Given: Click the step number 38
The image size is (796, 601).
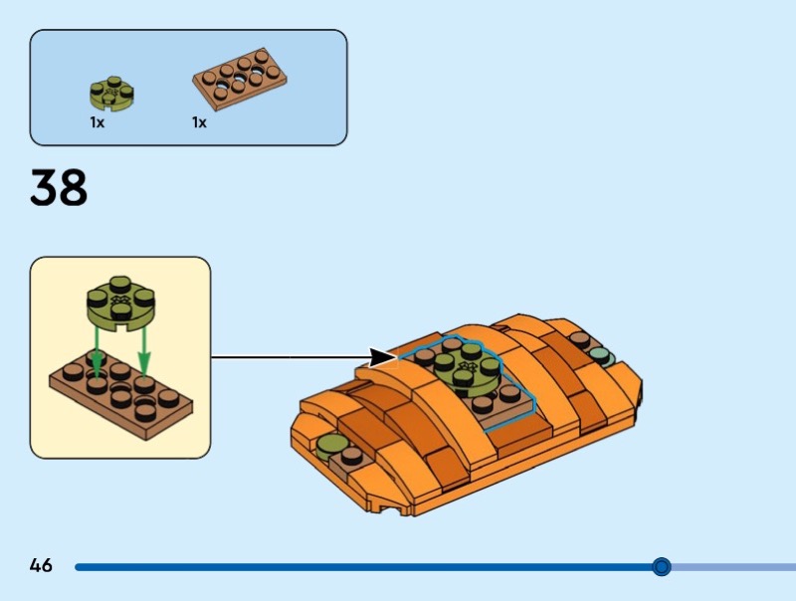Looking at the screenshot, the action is (x=59, y=187).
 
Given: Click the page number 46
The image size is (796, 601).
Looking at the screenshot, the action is (x=41, y=565).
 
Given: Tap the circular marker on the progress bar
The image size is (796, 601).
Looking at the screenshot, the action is (x=661, y=566).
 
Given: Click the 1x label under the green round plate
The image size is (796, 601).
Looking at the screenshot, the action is (x=97, y=122).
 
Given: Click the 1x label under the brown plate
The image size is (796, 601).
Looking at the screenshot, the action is (x=199, y=122).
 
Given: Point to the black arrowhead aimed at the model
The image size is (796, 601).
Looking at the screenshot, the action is (x=382, y=357).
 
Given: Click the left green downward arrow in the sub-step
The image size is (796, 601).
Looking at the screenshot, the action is (x=97, y=352).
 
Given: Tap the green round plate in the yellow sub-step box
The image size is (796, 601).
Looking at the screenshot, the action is (x=120, y=303).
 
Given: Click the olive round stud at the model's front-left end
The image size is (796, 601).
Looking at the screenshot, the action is (x=329, y=446).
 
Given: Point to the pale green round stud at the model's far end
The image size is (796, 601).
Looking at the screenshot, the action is (x=602, y=356).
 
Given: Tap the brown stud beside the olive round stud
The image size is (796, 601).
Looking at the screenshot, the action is (x=351, y=457).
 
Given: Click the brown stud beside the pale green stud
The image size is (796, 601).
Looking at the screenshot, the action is (x=580, y=339).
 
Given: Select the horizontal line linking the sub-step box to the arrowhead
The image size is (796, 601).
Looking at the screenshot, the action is (x=290, y=357).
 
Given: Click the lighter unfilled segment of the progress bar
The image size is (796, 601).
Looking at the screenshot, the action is (x=733, y=566).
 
